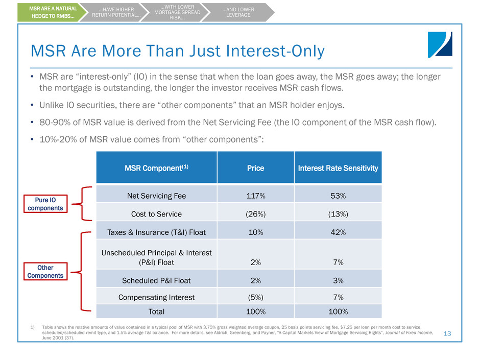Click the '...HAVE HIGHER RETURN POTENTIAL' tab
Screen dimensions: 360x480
pos(115,12)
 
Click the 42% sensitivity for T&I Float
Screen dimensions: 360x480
pos(337,232)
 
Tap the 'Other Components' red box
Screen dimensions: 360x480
pos(45,271)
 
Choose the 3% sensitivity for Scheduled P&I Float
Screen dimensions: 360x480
pos(337,280)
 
